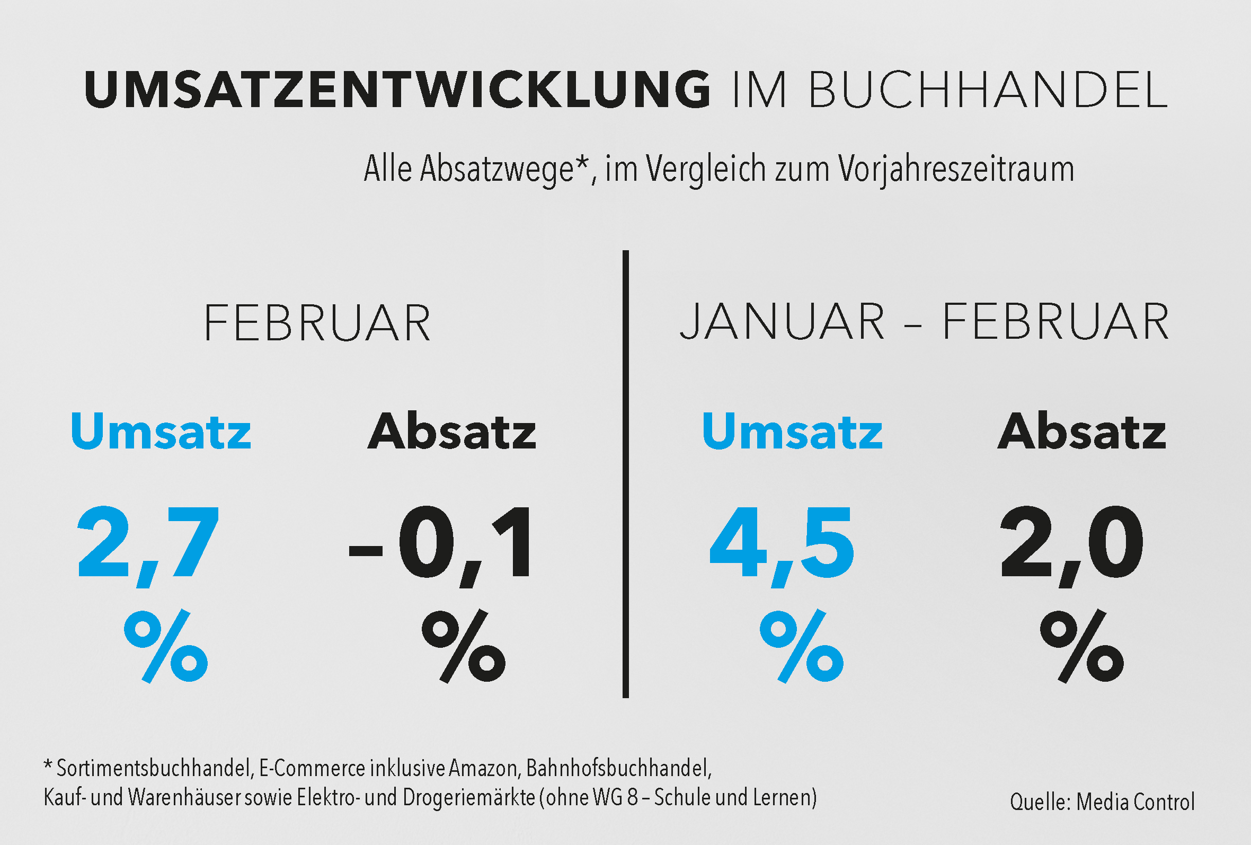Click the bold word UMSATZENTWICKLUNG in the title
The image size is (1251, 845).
[x=397, y=90]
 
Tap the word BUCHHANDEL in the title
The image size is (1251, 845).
[x=988, y=90]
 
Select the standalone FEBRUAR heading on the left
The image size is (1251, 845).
[x=317, y=323]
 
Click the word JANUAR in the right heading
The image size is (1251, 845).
[x=782, y=322]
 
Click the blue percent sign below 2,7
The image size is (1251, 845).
[x=166, y=646]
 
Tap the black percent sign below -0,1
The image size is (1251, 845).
[x=464, y=646]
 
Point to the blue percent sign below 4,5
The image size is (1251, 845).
[x=802, y=646]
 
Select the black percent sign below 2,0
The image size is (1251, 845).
[x=1082, y=646]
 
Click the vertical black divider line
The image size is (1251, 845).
[x=625, y=474]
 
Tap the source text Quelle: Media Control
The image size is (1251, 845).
[x=1103, y=802]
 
